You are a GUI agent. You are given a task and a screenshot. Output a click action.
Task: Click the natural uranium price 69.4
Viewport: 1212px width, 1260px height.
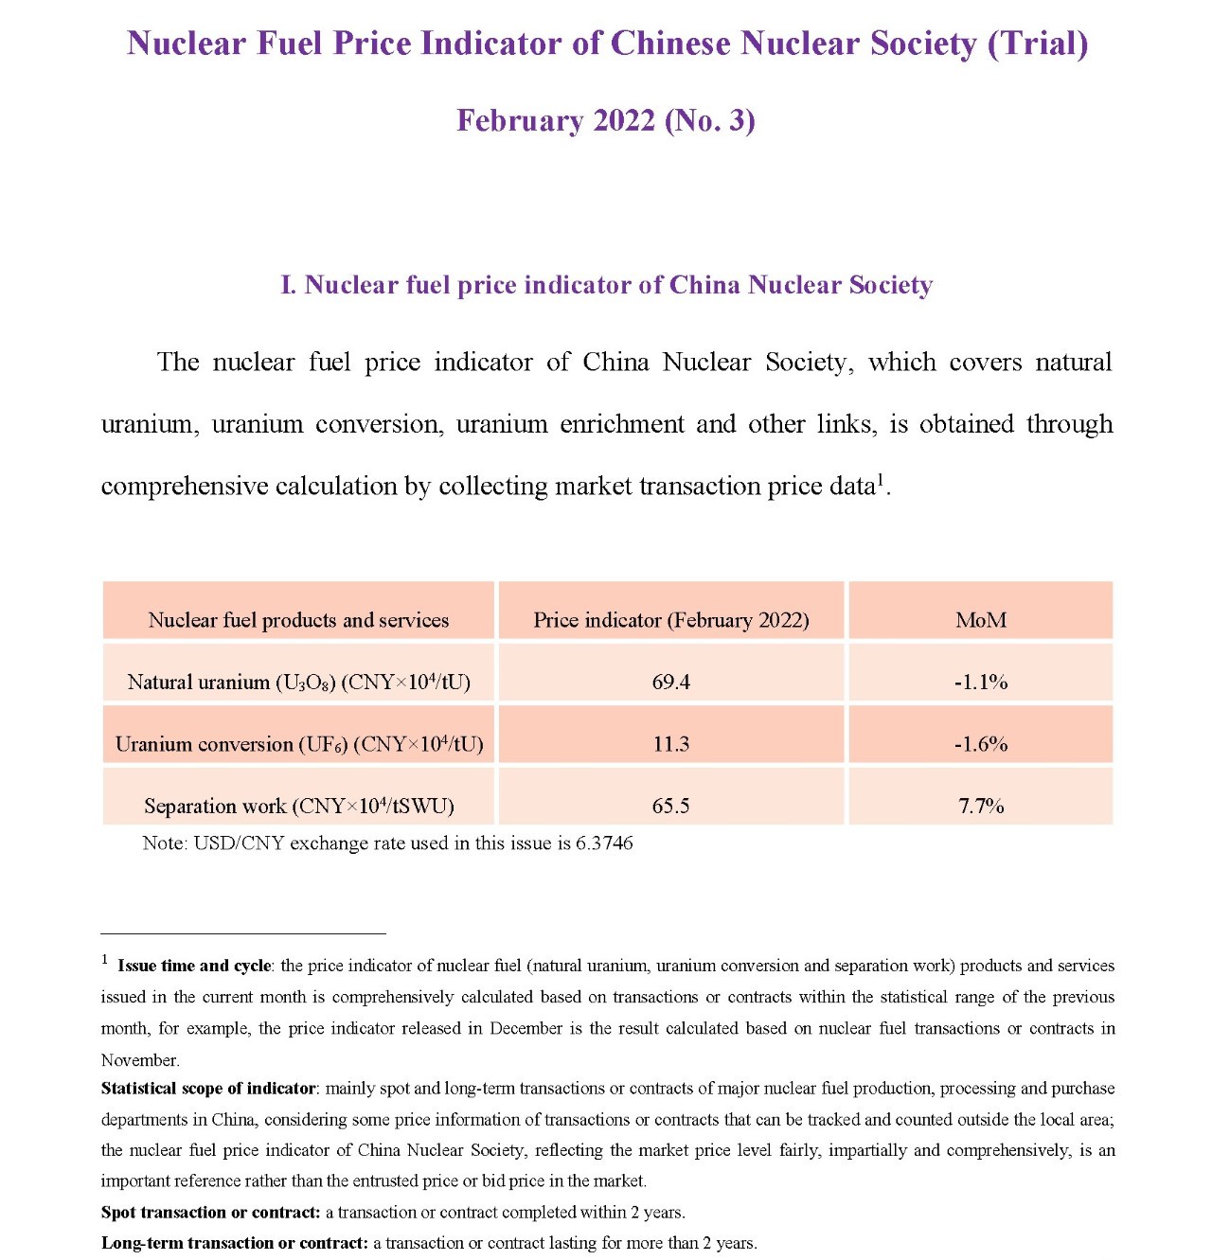(670, 682)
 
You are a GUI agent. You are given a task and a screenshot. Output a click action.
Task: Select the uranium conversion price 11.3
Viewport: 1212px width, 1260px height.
(670, 744)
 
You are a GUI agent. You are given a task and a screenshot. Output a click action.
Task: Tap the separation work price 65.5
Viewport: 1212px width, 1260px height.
(670, 806)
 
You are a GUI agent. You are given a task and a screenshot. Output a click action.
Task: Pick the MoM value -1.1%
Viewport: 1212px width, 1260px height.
(980, 682)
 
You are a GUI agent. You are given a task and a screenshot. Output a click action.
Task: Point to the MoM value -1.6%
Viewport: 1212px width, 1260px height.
(980, 744)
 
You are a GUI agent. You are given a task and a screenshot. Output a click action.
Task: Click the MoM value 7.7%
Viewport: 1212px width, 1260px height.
(980, 806)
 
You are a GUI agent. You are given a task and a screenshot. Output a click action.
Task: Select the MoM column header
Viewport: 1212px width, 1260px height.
(980, 620)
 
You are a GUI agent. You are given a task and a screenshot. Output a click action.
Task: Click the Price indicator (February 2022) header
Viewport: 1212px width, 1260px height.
(670, 620)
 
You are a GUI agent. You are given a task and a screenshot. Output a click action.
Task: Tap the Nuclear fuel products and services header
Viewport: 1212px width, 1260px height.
(298, 620)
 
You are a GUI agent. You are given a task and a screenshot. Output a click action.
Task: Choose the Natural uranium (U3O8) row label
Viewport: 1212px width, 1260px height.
(298, 682)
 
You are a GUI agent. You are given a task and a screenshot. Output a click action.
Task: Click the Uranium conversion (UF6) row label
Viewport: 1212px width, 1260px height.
(298, 744)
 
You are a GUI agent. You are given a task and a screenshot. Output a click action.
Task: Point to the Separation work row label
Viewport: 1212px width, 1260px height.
(298, 806)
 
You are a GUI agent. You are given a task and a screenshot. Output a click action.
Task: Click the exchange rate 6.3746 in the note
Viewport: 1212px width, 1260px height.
(604, 843)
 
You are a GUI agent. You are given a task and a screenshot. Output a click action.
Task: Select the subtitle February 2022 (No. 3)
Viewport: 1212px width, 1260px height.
(605, 120)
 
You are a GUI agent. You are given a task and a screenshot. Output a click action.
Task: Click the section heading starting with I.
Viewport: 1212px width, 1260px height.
(606, 285)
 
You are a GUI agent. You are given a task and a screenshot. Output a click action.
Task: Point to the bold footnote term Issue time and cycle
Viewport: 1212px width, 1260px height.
(194, 966)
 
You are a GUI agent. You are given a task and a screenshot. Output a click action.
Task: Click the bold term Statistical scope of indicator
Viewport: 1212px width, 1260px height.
(208, 1089)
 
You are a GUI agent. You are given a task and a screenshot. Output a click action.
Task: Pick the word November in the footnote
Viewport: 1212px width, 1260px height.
(139, 1060)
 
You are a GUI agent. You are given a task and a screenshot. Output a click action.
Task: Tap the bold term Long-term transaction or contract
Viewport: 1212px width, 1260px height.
(234, 1243)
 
